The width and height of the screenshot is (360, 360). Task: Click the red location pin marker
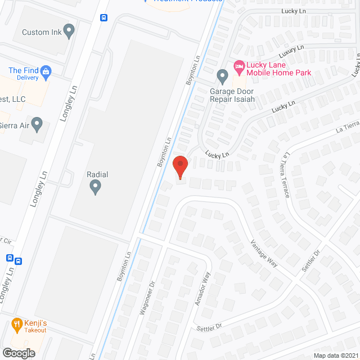[x=179, y=167]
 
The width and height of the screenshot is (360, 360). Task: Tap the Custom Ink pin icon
[x=69, y=31]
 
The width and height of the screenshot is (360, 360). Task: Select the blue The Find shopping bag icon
[x=46, y=71]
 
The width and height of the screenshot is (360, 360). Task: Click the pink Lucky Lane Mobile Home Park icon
[x=238, y=66]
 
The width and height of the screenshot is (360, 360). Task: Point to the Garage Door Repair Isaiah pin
[x=222, y=75]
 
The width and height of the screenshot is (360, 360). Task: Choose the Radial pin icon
[x=94, y=187]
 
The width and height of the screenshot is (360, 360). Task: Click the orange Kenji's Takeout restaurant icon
[x=16, y=324]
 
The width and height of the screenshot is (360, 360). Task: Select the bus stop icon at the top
[x=104, y=17]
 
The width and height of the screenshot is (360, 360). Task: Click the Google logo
[x=18, y=353]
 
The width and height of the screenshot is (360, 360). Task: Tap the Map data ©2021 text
[x=335, y=355]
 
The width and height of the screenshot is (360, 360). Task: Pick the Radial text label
[x=97, y=175]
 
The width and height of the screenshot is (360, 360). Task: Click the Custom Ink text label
[x=42, y=32]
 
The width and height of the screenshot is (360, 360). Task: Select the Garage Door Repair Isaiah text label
[x=232, y=96]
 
